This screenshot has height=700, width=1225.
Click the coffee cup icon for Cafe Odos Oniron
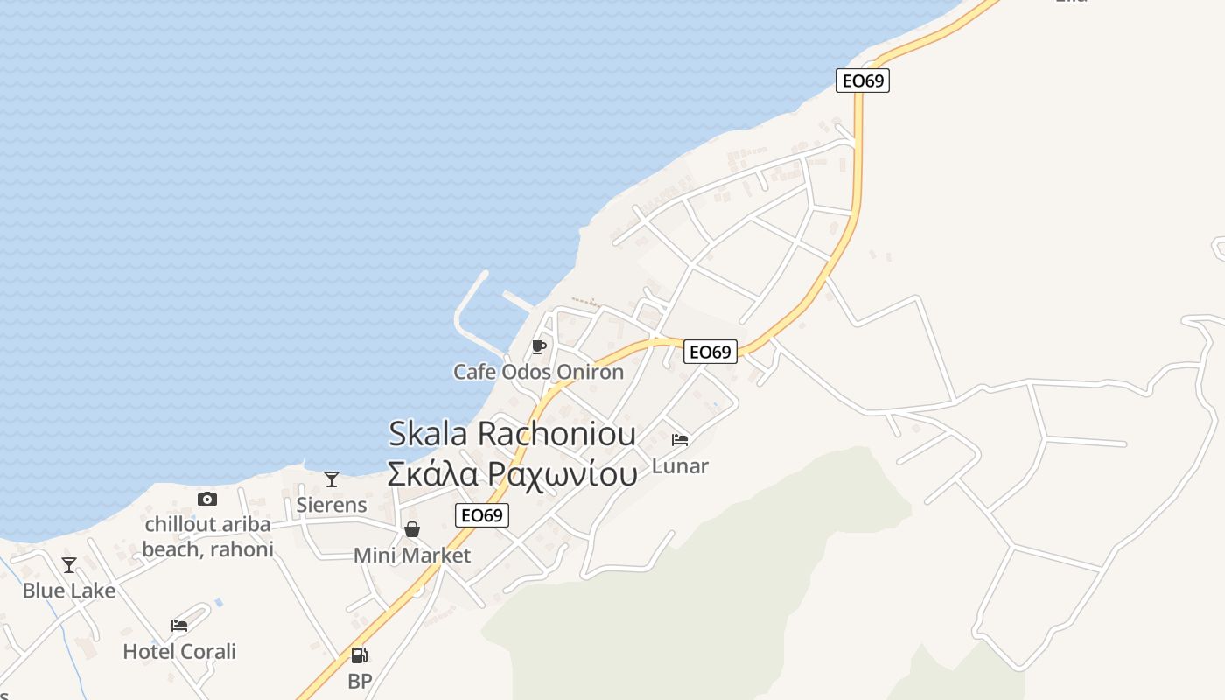[x=539, y=347]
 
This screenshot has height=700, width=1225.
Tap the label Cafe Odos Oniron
[x=538, y=372]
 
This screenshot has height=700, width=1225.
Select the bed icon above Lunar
[x=680, y=440]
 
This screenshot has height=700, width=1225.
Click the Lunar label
[x=680, y=465]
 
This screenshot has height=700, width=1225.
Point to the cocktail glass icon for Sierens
[x=332, y=479]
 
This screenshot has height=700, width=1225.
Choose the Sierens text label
[x=332, y=505]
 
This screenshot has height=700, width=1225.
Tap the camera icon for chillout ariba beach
[x=207, y=499]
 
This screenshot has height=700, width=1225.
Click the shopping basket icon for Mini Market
[x=412, y=529]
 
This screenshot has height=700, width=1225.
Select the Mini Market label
[x=412, y=556]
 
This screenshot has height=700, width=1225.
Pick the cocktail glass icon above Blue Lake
[x=69, y=565]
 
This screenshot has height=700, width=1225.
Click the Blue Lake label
[x=69, y=591]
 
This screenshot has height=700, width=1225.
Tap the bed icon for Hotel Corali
[x=179, y=626]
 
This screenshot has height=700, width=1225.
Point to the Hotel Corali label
[x=179, y=651]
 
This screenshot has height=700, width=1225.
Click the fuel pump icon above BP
[x=359, y=655]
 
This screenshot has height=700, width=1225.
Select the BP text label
[x=360, y=681]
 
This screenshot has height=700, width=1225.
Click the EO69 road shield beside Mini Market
[x=482, y=515]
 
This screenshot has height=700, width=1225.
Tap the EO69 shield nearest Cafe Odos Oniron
[x=710, y=352]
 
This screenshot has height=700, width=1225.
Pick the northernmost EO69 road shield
[x=863, y=80]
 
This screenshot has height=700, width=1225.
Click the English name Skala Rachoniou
[x=512, y=433]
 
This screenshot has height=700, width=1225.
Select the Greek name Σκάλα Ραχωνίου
[x=512, y=473]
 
